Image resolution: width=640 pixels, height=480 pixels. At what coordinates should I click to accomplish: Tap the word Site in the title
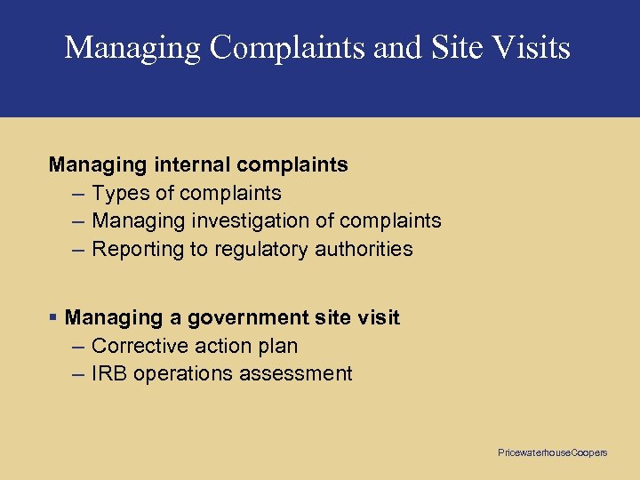click(x=455, y=47)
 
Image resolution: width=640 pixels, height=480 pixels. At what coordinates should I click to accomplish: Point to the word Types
click(x=118, y=193)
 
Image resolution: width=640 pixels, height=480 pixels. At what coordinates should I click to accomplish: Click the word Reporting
click(x=135, y=249)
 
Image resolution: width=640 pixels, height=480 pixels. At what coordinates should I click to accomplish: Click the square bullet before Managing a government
click(x=54, y=317)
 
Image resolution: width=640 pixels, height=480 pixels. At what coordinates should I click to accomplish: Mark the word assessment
click(x=293, y=373)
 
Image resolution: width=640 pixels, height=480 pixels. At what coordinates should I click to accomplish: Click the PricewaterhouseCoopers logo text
click(x=553, y=453)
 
